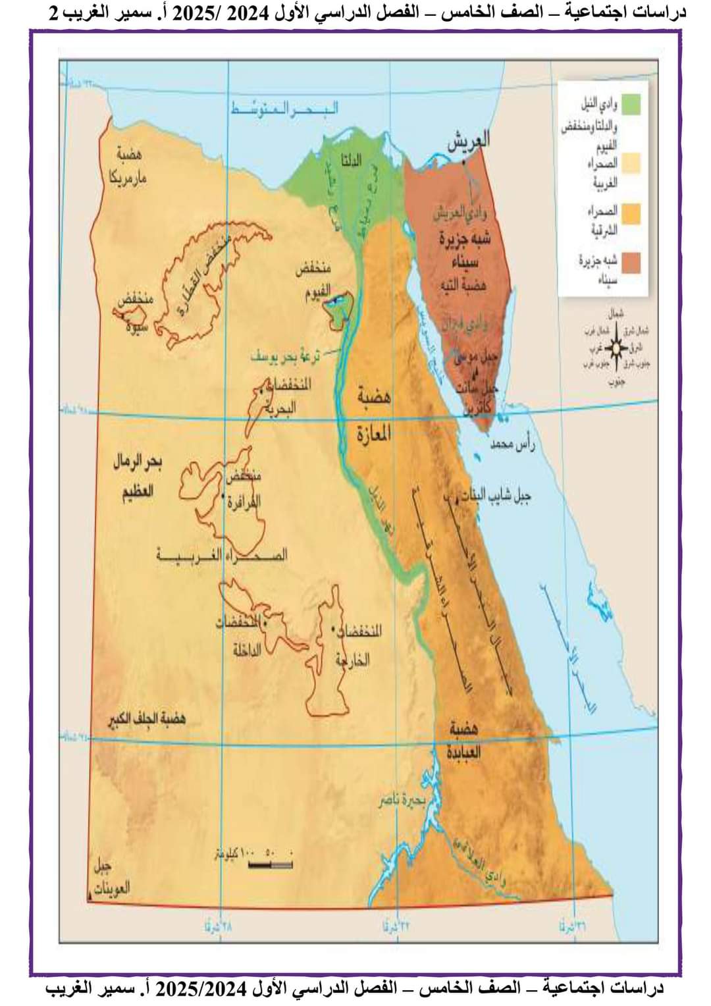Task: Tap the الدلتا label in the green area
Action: pyautogui.click(x=350, y=160)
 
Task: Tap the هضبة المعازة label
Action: pyautogui.click(x=374, y=415)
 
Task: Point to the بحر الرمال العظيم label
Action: pyautogui.click(x=137, y=477)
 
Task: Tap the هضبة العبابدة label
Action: pyautogui.click(x=466, y=739)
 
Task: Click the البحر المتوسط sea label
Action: pyautogui.click(x=284, y=109)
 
